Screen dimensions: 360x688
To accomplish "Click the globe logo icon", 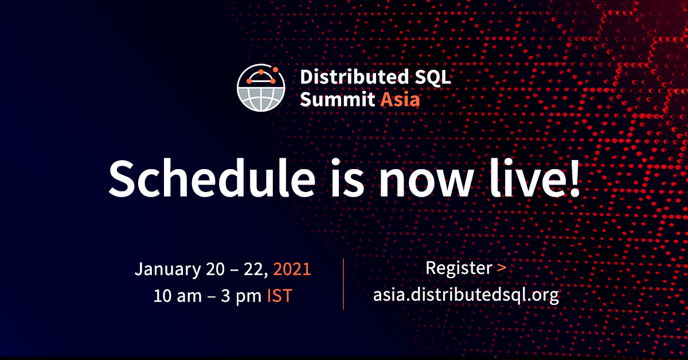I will click(x=261, y=89).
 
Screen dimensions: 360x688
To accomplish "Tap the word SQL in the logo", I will click(x=433, y=77).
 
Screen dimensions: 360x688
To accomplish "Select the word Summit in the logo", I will click(x=337, y=100).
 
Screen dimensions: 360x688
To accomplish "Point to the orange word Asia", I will click(x=400, y=100).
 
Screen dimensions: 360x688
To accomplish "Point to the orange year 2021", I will click(x=292, y=269).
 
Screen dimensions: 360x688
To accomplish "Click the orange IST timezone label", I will click(x=279, y=296).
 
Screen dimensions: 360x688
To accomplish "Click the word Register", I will click(x=459, y=268).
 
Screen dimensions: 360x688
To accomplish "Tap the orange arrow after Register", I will click(x=502, y=268).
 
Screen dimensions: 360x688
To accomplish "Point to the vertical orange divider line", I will click(x=343, y=284).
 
